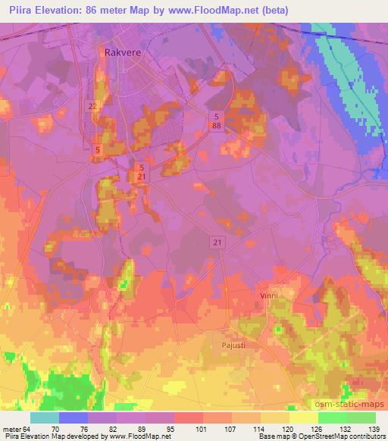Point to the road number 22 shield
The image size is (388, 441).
tap(92, 107)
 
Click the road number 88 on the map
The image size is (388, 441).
tap(217, 127)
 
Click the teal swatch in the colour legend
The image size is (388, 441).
tap(45, 418)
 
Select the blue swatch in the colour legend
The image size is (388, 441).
tap(74, 418)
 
